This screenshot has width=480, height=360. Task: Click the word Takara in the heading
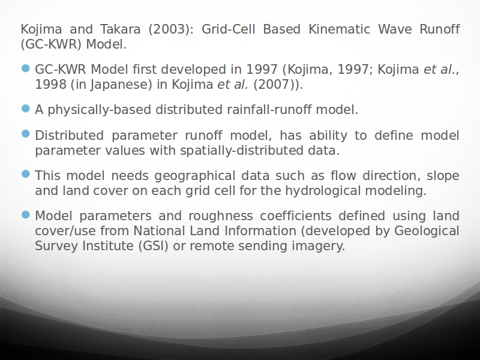(x=121, y=29)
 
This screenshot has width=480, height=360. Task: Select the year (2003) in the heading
(x=171, y=29)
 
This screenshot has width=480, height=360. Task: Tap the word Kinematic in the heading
(x=339, y=29)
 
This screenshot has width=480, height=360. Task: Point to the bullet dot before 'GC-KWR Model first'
(x=26, y=68)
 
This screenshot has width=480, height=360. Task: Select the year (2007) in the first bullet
(x=274, y=85)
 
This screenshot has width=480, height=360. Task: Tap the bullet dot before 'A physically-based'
(x=26, y=109)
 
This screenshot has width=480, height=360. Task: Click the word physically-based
(x=100, y=110)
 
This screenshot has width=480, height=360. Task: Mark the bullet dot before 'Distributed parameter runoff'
(x=26, y=134)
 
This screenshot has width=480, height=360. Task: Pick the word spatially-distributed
(x=242, y=151)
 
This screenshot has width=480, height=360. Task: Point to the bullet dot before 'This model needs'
(x=26, y=174)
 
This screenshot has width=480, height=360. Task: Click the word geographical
(x=194, y=176)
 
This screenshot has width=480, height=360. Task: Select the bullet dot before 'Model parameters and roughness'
(x=26, y=215)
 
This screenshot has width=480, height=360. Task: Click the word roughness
(x=221, y=216)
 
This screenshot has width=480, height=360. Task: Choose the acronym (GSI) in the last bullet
(x=154, y=246)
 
